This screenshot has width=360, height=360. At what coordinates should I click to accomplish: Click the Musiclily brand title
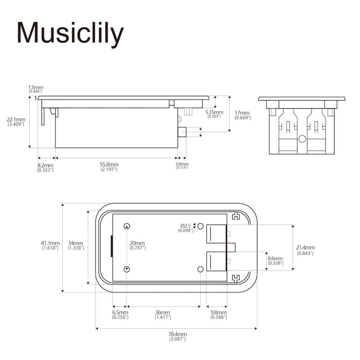(x=70, y=34)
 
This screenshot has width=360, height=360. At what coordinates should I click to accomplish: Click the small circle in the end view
(x=302, y=139)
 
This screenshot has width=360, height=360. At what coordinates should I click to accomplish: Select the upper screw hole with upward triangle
(x=127, y=226)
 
